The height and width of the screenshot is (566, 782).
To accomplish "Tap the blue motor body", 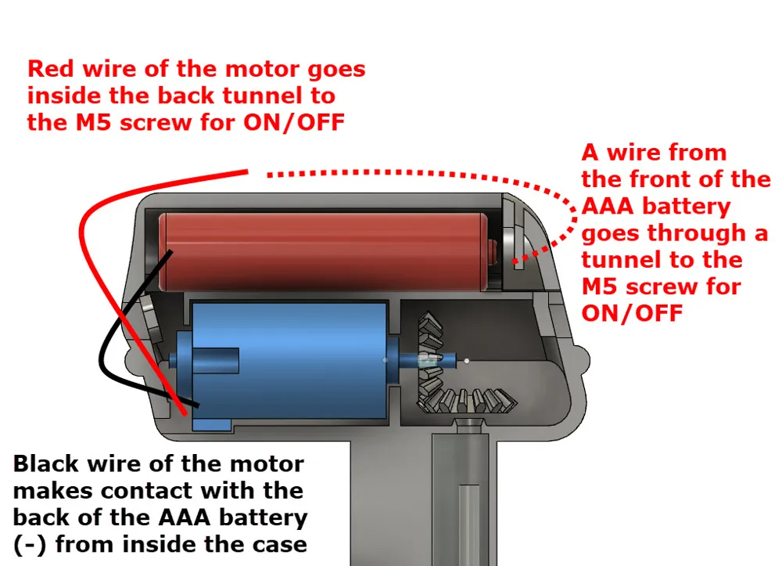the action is coord(289,359).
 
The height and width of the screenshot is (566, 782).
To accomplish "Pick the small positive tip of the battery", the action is coord(492,251).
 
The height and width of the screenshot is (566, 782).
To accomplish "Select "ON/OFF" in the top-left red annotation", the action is coord(294,122).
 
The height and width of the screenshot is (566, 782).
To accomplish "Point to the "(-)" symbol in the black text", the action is coord(30,545).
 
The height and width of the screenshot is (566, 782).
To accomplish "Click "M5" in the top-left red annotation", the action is coord(93,122).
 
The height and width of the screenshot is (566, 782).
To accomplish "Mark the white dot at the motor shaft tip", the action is coord(466,360).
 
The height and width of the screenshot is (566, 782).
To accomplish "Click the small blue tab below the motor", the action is coord(211,425).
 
